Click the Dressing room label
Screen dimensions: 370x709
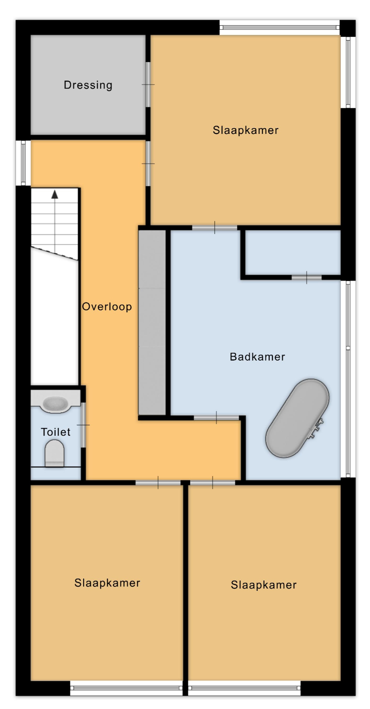(x=88, y=85)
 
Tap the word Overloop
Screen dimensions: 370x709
(x=107, y=306)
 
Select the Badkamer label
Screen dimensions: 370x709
(x=258, y=357)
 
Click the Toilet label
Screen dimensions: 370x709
(x=56, y=432)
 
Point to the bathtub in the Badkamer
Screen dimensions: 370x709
(x=297, y=418)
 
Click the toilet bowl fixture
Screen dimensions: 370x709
(x=55, y=453)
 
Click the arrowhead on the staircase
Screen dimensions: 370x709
(x=55, y=194)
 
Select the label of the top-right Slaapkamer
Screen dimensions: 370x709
(x=245, y=130)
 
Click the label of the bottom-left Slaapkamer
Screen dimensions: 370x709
(x=107, y=583)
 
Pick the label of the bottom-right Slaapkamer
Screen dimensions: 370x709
(x=264, y=585)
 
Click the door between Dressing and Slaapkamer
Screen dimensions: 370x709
(x=148, y=84)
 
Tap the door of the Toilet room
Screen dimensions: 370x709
(x=83, y=425)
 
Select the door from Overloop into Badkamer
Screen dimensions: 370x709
(x=216, y=418)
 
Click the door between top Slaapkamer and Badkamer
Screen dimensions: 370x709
(x=215, y=228)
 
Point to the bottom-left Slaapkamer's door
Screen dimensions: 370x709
(x=158, y=483)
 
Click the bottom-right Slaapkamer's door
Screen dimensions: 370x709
(x=213, y=483)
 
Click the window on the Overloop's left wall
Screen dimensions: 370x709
(x=23, y=163)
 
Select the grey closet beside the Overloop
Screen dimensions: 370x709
(x=152, y=322)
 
